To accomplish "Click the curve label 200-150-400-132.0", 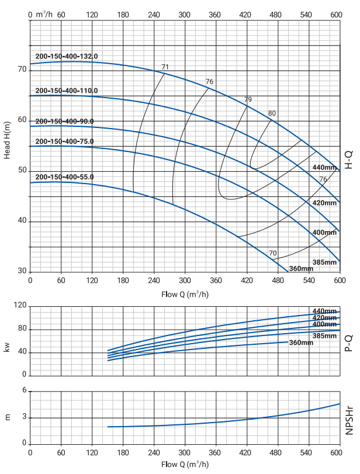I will click(x=67, y=56).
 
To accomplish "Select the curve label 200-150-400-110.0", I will click(x=67, y=91).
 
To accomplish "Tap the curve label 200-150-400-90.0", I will click(x=64, y=122).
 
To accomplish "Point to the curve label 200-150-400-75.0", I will click(x=64, y=141).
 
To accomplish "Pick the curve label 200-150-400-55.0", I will click(x=64, y=177).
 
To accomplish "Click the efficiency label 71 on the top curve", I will click(x=165, y=67).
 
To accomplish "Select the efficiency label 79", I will click(x=248, y=99).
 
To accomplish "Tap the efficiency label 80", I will click(x=272, y=113).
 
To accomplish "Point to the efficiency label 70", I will click(x=272, y=252).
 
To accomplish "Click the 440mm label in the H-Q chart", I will click(x=325, y=168).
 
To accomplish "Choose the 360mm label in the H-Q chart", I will click(x=301, y=269).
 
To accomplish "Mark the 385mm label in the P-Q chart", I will click(x=325, y=336).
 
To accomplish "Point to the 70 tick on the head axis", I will click(x=22, y=70).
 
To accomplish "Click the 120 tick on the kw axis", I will click(x=20, y=306).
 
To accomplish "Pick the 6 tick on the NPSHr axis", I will click(x=24, y=390).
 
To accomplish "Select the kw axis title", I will click(x=8, y=345).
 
